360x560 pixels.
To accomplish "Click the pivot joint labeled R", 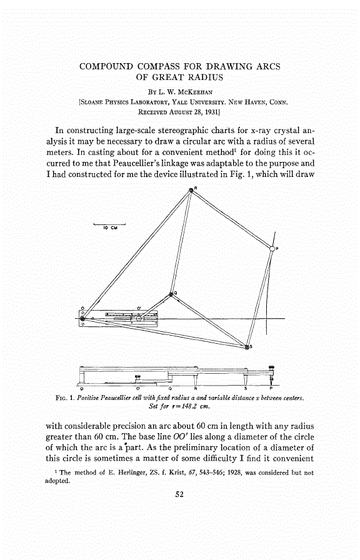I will (x=192, y=190).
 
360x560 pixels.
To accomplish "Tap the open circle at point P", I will (x=272, y=248).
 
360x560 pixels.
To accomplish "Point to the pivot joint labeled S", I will (x=247, y=347).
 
